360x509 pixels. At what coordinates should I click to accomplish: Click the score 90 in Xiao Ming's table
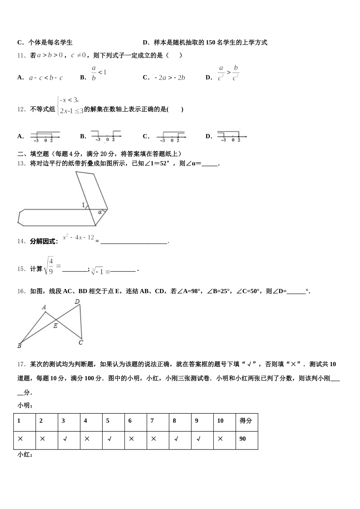click(243, 439)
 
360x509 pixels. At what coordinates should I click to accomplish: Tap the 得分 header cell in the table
click(246, 421)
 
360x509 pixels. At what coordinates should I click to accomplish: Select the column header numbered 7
click(152, 421)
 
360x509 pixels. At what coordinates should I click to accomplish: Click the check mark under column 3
click(65, 439)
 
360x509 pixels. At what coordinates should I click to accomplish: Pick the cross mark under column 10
click(220, 439)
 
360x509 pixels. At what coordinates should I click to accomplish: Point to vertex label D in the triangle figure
click(77, 302)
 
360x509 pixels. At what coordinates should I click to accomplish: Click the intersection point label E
click(55, 325)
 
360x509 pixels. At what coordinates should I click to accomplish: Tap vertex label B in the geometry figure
click(19, 345)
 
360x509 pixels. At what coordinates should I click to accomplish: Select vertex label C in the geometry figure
click(81, 342)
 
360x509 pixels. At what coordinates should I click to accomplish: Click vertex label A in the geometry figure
click(44, 307)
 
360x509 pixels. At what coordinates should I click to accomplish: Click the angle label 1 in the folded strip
click(83, 205)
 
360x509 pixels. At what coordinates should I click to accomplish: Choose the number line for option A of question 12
click(45, 137)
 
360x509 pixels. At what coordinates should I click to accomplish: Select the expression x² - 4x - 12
click(78, 237)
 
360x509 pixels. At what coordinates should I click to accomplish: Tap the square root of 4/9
click(50, 265)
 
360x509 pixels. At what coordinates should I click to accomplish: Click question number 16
click(21, 291)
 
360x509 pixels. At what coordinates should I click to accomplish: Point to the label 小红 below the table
click(25, 454)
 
